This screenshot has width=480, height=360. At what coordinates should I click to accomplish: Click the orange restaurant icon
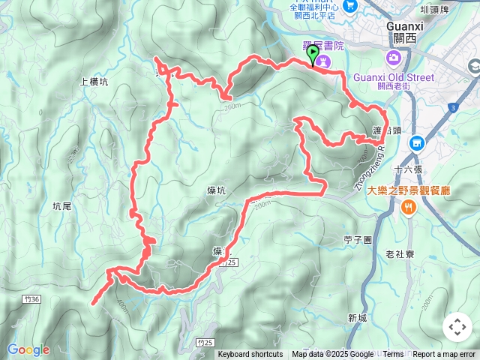409,208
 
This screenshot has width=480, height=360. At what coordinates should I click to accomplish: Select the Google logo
28,349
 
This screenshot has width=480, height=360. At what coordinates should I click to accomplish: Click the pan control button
457,327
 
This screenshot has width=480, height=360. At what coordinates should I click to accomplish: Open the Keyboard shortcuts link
250,355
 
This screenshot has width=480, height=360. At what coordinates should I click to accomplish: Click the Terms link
393,355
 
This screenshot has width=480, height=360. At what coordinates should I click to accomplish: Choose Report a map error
445,355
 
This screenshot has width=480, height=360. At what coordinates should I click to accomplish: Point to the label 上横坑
94,83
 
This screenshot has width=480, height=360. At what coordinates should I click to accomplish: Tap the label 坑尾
62,205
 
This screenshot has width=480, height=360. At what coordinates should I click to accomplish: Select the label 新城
358,318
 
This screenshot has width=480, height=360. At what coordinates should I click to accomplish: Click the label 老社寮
400,254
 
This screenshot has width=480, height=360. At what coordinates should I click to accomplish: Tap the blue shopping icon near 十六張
418,142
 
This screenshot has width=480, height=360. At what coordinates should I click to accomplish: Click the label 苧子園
358,240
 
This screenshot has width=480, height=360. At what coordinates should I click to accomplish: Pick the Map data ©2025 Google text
333,355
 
